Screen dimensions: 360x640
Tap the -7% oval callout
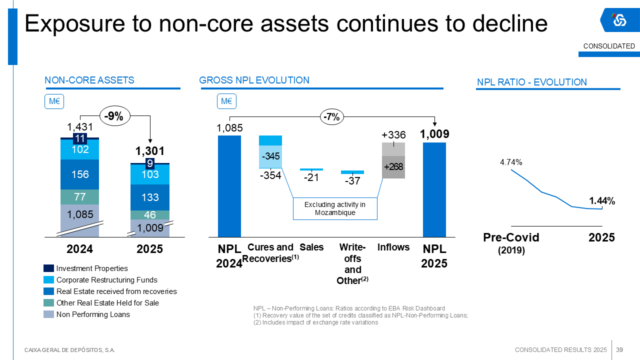point(331,117)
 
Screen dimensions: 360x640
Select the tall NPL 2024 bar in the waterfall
point(229,186)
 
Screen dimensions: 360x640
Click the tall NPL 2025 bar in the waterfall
point(434,189)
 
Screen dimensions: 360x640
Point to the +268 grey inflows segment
point(393,167)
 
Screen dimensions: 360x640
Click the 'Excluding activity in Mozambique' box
point(335,208)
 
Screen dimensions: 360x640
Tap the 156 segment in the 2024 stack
point(80,174)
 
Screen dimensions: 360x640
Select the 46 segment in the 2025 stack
point(150,215)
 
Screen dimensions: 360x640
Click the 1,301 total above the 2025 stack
point(150,151)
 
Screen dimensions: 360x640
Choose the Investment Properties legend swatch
point(48,268)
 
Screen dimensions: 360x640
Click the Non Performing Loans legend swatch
point(48,314)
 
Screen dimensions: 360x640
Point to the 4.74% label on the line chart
point(511,162)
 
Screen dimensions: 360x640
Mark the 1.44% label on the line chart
point(602,201)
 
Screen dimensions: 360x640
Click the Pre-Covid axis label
point(511,237)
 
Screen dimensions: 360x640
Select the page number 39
point(619,349)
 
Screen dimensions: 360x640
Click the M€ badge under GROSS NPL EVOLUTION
point(226,101)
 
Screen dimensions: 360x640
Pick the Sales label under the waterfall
point(311,247)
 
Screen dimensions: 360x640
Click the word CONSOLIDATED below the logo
point(609,46)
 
